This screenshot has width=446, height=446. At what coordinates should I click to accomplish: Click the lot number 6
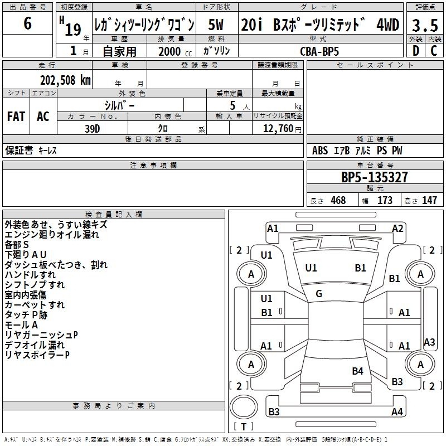point(27,23)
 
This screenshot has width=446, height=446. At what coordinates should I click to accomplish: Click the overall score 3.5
point(425,25)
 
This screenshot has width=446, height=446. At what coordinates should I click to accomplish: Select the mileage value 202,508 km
point(65,80)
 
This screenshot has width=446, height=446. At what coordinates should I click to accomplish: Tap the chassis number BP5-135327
point(375,177)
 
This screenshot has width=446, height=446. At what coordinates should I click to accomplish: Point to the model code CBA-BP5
point(319,51)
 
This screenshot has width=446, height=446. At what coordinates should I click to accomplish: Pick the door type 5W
point(216,25)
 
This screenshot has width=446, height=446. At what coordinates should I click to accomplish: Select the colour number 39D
point(93,129)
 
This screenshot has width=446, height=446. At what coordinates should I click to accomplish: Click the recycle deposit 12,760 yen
point(282,129)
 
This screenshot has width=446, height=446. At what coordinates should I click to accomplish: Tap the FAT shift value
point(16,117)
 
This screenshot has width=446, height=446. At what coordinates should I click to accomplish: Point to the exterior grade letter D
point(416,51)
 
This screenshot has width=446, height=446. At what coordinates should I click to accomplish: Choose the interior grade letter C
point(434,51)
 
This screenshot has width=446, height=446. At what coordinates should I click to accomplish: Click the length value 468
point(338,200)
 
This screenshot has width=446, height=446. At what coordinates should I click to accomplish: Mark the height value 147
point(429,200)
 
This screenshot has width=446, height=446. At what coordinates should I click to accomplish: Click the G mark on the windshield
point(319,294)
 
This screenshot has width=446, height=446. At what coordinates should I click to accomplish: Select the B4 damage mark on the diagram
point(357,371)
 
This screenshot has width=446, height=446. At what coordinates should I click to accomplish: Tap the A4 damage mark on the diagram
point(397,411)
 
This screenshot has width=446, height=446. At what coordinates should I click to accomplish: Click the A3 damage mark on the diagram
point(429,342)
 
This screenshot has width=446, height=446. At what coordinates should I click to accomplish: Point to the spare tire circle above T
point(244,407)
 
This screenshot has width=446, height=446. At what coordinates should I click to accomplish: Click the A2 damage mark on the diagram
point(397,229)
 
